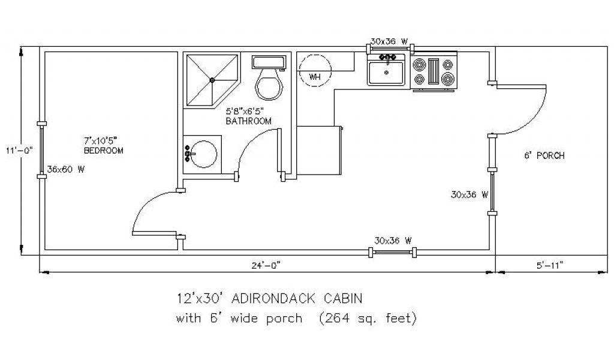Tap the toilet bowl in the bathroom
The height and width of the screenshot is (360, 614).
point(269,85)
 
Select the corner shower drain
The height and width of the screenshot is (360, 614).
point(212,80)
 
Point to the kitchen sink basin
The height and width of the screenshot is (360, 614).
point(386,72)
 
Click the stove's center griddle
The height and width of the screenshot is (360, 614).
point(434,71)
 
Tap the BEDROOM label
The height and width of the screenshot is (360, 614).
point(103,151)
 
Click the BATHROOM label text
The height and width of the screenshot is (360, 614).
point(249,121)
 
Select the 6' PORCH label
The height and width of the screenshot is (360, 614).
point(544,155)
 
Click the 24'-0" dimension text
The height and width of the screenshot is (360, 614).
point(266,266)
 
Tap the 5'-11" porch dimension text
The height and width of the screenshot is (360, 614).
point(549,266)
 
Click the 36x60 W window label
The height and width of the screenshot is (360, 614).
point(66,170)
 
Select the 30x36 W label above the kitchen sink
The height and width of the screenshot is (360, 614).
point(389,41)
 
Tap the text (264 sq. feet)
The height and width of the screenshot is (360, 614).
point(368,318)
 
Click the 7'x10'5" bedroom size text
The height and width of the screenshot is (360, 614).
point(101,140)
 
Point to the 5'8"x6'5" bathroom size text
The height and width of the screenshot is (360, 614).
point(245,111)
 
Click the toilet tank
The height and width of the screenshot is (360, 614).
point(269,62)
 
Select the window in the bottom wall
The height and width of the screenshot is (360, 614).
point(393,253)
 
